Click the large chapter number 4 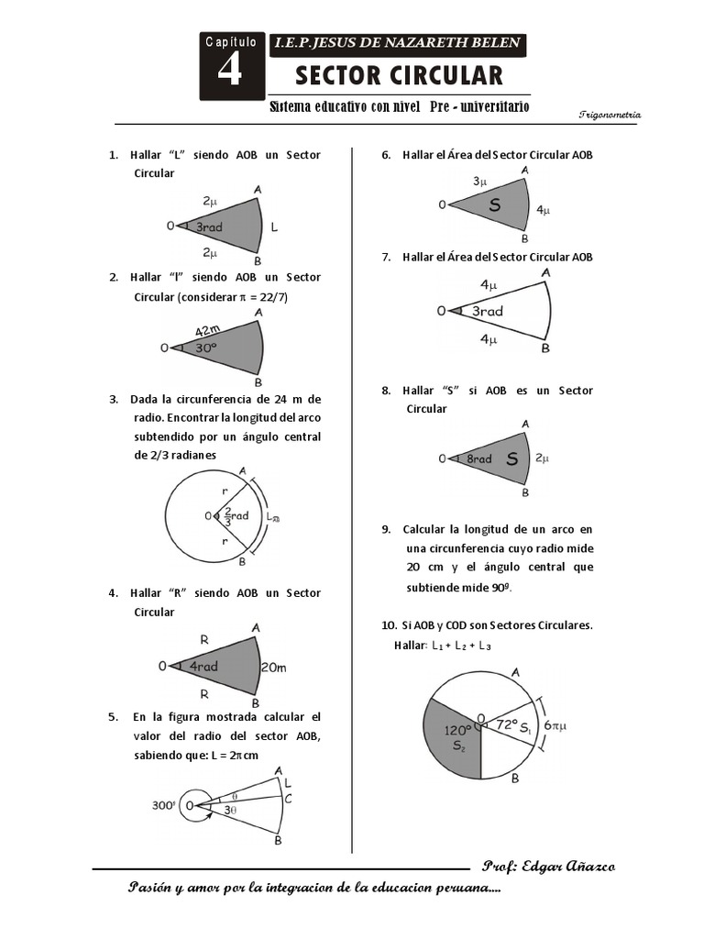229,71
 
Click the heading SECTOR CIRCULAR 399,75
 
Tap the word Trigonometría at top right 610,115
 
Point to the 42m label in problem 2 208,330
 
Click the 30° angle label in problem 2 204,348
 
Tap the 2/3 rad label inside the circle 233,516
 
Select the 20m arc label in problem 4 275,667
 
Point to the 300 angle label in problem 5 163,806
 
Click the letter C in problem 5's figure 289,799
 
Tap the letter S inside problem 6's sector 495,205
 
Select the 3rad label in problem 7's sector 487,312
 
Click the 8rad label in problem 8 478,458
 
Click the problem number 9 386,529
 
